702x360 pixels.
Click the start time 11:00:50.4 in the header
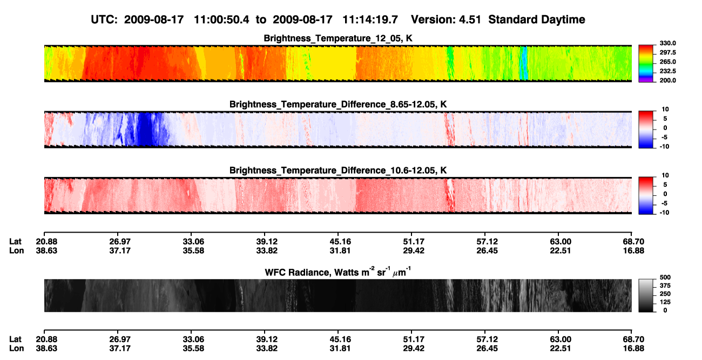(x=221, y=20)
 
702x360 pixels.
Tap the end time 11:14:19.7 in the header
(x=370, y=20)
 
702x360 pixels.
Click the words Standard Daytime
(x=537, y=20)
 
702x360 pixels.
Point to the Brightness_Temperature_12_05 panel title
(x=338, y=38)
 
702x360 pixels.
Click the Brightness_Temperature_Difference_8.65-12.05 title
(x=338, y=104)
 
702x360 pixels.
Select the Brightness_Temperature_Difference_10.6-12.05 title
(x=338, y=171)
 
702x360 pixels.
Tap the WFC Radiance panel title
(x=338, y=272)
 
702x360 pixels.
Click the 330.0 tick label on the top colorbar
(x=667, y=43)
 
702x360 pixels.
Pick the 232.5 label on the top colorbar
(x=667, y=71)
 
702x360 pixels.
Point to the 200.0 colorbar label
(x=667, y=80)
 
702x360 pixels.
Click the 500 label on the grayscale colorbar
(x=665, y=277)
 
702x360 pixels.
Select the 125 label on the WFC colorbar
(x=665, y=302)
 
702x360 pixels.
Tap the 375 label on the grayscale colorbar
(x=665, y=286)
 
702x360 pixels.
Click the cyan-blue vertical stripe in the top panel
(x=523, y=63)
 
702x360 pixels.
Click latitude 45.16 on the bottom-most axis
(x=340, y=339)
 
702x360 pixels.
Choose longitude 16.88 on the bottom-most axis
(x=633, y=349)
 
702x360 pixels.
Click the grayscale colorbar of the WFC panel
(x=646, y=295)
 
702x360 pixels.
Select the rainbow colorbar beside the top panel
(x=646, y=64)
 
